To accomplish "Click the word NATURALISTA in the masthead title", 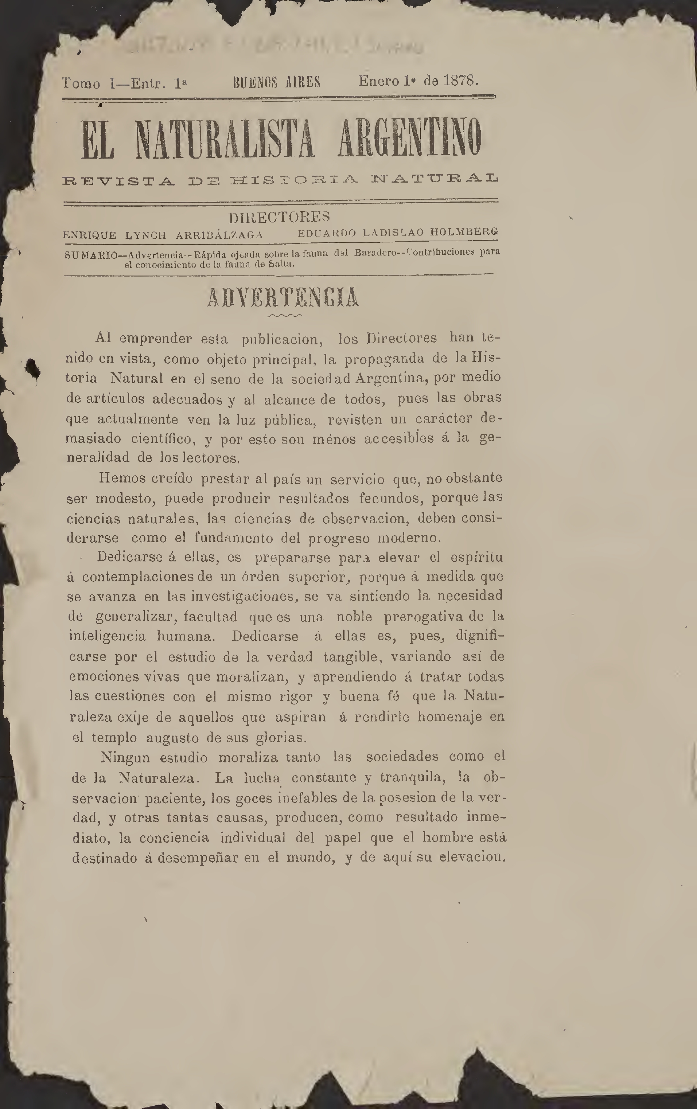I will tap(225, 139).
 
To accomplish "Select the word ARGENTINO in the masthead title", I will tap(410, 138).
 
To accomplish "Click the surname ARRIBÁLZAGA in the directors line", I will tap(219, 235).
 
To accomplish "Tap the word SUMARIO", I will tap(91, 255).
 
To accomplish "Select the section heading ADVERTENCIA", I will tap(283, 298).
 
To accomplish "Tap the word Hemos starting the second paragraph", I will tap(123, 478).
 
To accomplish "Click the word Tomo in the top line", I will tap(81, 84).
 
